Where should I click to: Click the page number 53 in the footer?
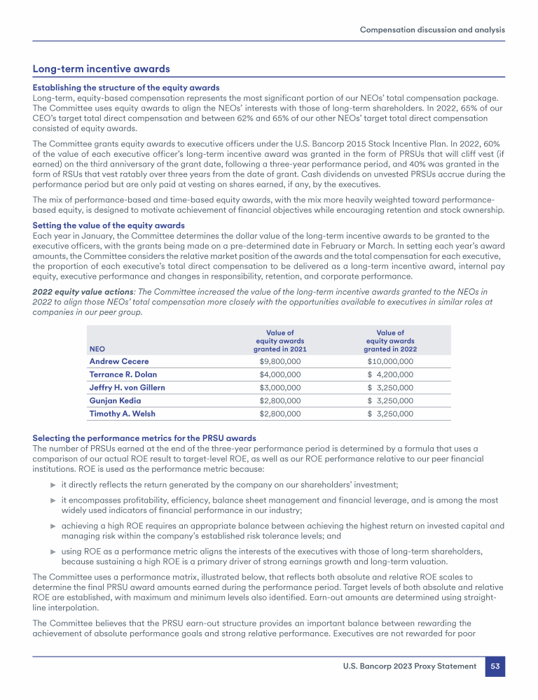495,666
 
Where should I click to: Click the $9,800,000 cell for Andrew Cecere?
280,361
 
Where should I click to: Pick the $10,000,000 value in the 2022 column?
390,361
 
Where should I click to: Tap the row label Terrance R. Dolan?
123,374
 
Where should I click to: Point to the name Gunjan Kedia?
115,400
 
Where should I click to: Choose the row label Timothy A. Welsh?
121,414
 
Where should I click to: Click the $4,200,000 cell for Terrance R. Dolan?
390,374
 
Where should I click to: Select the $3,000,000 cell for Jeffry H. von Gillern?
280,387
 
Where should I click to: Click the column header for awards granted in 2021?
280,341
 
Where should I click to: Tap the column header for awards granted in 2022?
390,341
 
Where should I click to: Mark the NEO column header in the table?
96,349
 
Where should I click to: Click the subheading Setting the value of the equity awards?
109,225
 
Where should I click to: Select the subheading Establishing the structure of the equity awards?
126,87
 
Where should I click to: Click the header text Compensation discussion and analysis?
432,30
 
